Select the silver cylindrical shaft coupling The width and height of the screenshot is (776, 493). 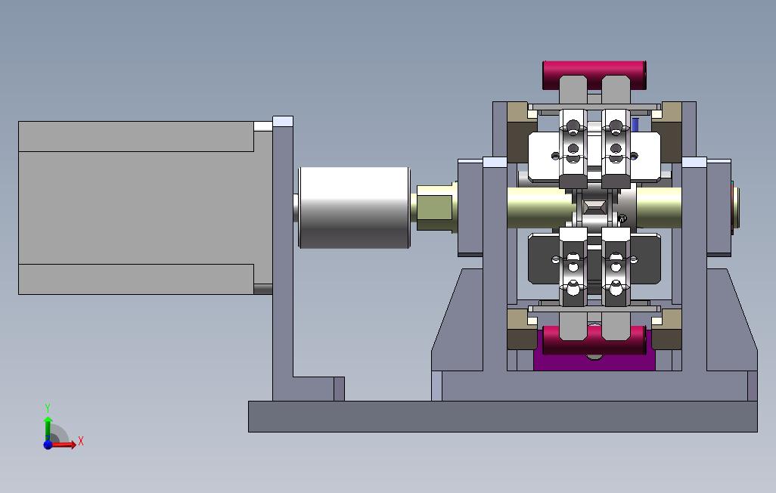pos(355,207)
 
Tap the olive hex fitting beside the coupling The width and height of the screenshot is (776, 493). pos(436,208)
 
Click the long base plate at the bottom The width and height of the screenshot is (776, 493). pos(502,417)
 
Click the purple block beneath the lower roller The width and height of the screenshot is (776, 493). pos(594,361)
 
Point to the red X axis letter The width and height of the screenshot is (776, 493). pos(81,441)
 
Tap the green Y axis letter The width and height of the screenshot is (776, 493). pos(48,408)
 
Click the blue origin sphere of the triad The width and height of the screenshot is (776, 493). pos(48,445)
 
